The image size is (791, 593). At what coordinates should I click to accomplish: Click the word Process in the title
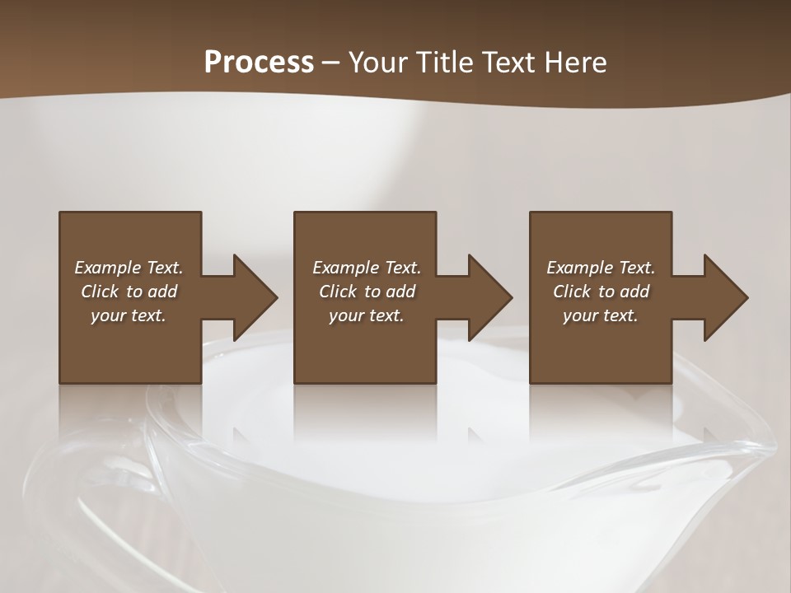(259, 63)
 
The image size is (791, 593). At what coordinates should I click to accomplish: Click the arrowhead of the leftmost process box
(254, 297)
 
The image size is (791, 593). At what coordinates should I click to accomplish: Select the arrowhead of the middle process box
(489, 297)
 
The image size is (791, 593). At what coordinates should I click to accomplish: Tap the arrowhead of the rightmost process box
(725, 297)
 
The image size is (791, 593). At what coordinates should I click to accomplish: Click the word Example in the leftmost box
(108, 268)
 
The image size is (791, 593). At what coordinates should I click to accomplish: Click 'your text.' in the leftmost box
(129, 315)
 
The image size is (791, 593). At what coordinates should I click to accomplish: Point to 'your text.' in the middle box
(367, 315)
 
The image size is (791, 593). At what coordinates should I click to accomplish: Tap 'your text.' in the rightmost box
(601, 315)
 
